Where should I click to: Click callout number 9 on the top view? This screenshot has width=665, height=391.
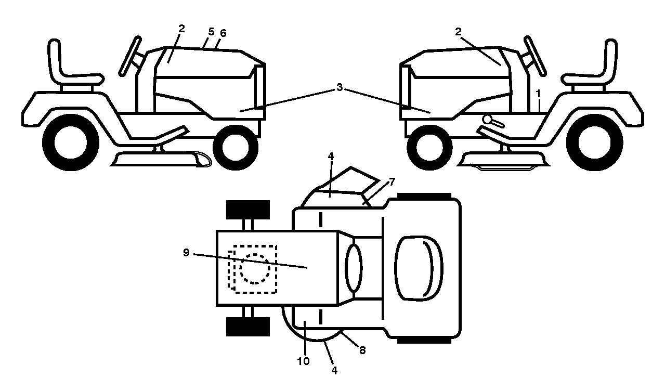pyautogui.click(x=186, y=253)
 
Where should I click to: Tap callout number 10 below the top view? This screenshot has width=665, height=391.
pyautogui.click(x=304, y=361)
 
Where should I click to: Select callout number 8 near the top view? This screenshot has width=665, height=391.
pyautogui.click(x=362, y=350)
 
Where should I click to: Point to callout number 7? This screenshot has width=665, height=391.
pyautogui.click(x=392, y=181)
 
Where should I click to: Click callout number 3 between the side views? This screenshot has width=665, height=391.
pyautogui.click(x=340, y=87)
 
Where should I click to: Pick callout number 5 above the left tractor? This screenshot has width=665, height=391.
pyautogui.click(x=211, y=32)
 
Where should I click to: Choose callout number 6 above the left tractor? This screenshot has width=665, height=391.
pyautogui.click(x=223, y=33)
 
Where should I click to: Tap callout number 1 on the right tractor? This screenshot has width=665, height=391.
pyautogui.click(x=538, y=94)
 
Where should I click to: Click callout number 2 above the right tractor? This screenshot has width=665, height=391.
pyautogui.click(x=459, y=32)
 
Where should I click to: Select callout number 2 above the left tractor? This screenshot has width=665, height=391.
pyautogui.click(x=181, y=29)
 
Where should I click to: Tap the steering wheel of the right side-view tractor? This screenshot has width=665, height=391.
pyautogui.click(x=535, y=56)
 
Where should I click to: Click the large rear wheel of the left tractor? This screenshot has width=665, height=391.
pyautogui.click(x=71, y=142)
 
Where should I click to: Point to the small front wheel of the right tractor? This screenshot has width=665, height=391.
pyautogui.click(x=429, y=148)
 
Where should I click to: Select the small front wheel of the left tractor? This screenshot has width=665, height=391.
pyautogui.click(x=236, y=148)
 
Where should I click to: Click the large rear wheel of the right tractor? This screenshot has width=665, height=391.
pyautogui.click(x=595, y=142)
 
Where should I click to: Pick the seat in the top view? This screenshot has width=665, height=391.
pyautogui.click(x=419, y=268)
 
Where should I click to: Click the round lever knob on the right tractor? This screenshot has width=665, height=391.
pyautogui.click(x=487, y=120)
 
